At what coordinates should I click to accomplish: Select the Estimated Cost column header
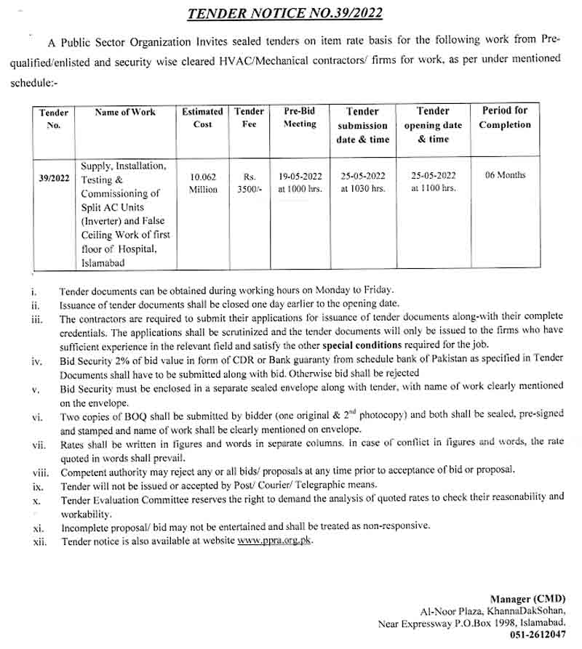coord(202,118)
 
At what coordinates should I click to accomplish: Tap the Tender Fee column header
coord(249,118)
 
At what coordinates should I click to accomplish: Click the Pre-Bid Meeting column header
coord(300,118)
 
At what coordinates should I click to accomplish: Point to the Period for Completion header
coord(505,118)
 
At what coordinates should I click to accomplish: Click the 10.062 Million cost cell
coord(204,182)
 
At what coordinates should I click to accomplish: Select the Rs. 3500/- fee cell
coord(250,182)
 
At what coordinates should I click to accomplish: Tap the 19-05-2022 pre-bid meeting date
coord(300,176)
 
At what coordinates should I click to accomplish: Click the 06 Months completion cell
coord(506,175)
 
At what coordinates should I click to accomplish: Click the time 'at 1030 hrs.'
coord(362,189)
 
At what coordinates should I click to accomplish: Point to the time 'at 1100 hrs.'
coord(433,188)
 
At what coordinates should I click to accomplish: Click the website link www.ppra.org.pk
coord(274,541)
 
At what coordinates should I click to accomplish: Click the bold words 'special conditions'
coord(367,344)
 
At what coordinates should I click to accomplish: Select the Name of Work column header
coord(125,112)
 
